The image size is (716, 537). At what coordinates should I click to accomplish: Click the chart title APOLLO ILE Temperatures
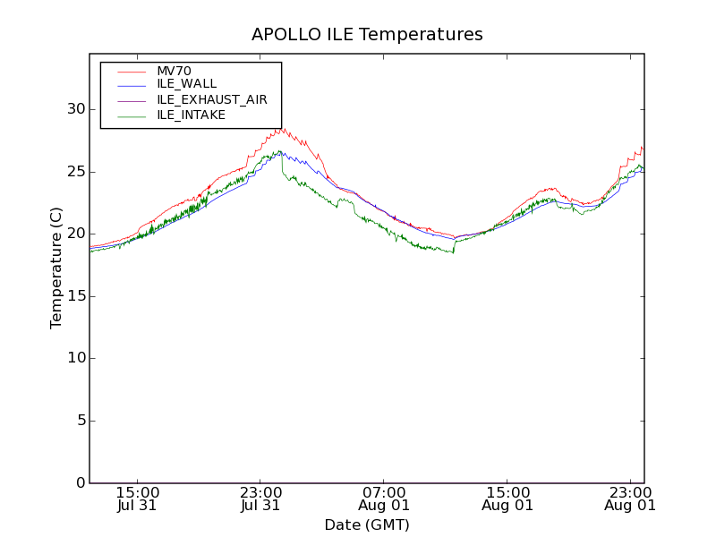click(367, 35)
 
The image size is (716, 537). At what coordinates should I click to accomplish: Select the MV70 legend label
click(174, 71)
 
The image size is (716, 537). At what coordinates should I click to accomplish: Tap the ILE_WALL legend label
click(186, 84)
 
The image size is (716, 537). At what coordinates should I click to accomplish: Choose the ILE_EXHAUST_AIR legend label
click(211, 99)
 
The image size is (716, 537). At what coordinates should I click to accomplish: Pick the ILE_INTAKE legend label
click(191, 115)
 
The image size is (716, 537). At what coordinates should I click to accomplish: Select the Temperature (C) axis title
click(56, 268)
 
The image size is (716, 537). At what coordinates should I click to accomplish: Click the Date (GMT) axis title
click(367, 524)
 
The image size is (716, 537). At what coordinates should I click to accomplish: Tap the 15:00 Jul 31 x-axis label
click(137, 499)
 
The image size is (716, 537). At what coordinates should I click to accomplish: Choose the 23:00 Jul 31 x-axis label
click(260, 499)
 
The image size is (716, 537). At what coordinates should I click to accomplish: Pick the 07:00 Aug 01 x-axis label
click(384, 499)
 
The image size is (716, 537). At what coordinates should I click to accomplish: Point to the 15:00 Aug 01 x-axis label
click(507, 499)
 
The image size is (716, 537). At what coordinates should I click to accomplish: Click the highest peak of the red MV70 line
click(283, 128)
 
